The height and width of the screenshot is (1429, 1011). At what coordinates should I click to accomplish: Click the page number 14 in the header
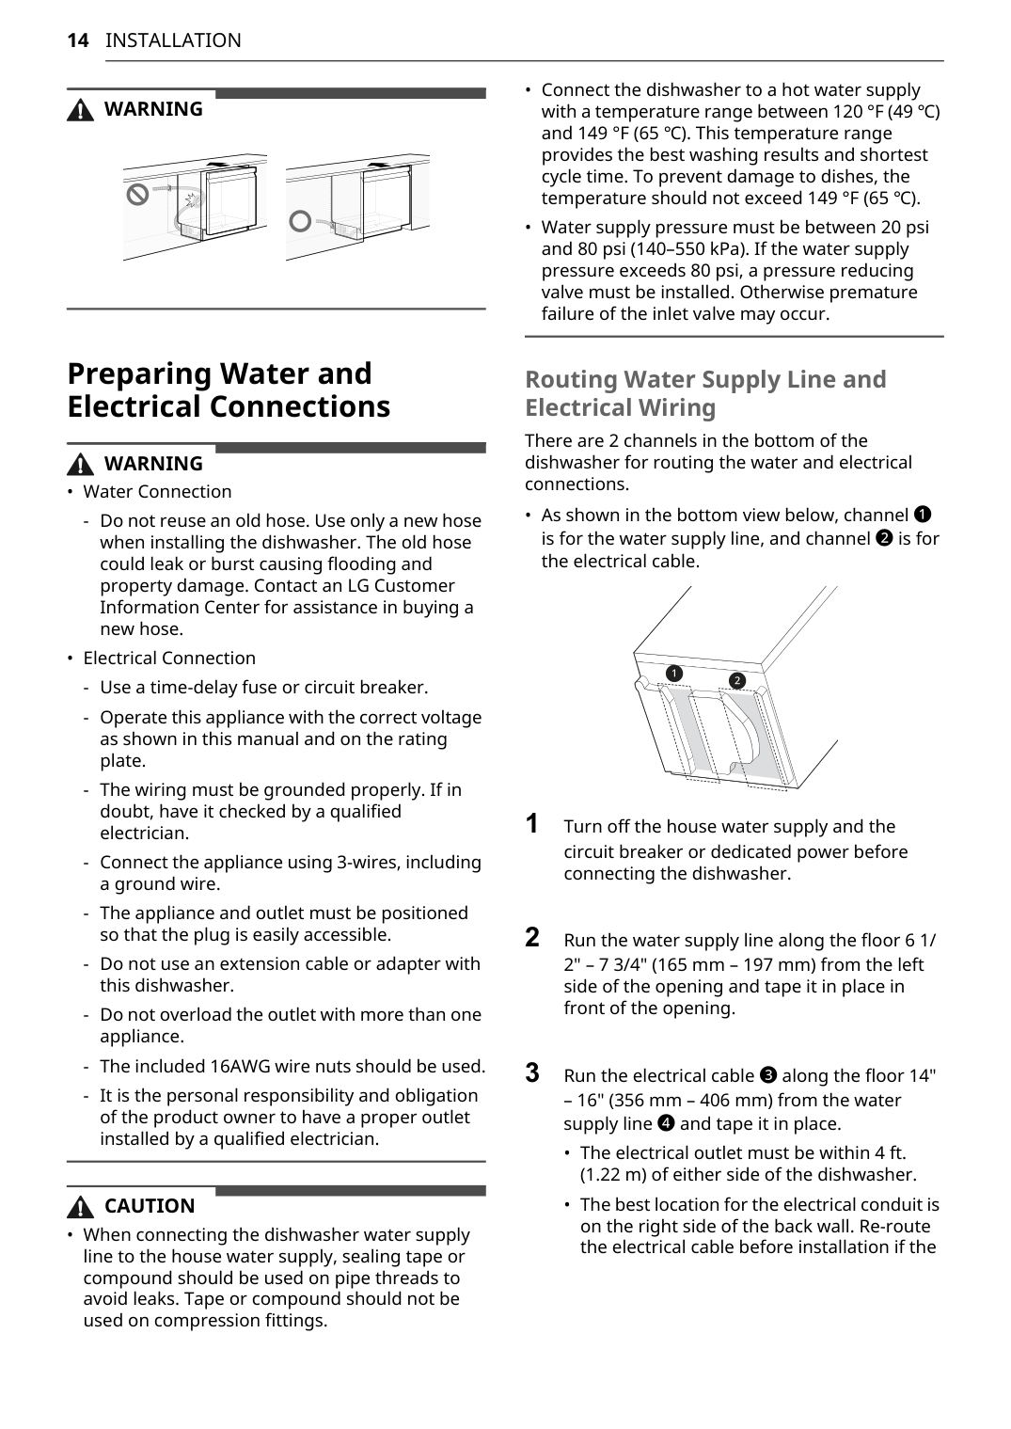(x=78, y=40)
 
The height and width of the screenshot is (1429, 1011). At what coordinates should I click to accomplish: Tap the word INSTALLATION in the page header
(x=173, y=40)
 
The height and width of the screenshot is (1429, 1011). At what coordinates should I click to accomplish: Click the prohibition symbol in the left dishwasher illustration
(x=138, y=195)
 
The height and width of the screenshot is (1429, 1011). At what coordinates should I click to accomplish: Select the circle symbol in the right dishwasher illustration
(x=300, y=222)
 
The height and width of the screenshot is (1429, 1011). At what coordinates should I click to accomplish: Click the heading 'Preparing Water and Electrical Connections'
(x=229, y=390)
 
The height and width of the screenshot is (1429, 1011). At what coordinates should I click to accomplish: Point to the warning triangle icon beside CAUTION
(x=82, y=1207)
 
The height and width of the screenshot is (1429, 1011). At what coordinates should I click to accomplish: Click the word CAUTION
(x=150, y=1206)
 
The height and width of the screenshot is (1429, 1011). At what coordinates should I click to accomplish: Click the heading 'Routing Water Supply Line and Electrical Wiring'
(x=705, y=393)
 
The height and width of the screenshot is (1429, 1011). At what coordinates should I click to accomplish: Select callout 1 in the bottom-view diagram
(x=673, y=673)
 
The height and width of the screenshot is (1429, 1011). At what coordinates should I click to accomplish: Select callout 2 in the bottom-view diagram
(x=737, y=680)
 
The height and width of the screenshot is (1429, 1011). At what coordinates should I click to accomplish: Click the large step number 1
(x=532, y=824)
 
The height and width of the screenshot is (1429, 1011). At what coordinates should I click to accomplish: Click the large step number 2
(x=532, y=938)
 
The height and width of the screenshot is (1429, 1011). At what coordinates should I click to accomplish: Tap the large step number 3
(x=532, y=1073)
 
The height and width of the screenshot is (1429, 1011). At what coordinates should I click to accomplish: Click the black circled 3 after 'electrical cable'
(x=767, y=1075)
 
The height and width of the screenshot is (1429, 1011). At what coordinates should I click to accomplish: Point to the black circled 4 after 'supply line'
(x=666, y=1123)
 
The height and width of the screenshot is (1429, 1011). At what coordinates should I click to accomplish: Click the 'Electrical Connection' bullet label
(x=169, y=659)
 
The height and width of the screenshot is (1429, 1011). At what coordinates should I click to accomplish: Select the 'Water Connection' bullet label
(x=157, y=492)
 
